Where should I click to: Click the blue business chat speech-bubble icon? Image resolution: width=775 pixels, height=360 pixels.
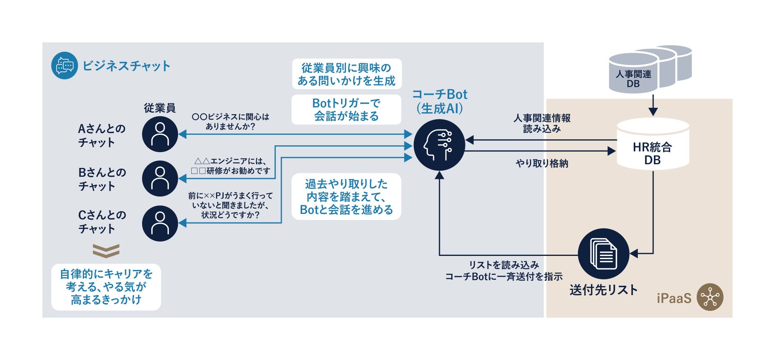point(65,65)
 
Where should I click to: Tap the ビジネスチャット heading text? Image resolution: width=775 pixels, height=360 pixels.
point(126,66)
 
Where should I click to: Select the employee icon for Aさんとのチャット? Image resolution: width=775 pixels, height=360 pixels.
point(160,134)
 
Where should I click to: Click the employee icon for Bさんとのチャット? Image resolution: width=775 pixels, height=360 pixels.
point(160,178)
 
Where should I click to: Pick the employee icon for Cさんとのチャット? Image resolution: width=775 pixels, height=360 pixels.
point(160,223)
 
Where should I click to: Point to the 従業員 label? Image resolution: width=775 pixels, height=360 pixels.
point(160,108)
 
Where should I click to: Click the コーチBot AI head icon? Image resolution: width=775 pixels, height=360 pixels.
point(439,145)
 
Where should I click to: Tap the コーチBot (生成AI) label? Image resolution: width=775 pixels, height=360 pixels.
point(440,101)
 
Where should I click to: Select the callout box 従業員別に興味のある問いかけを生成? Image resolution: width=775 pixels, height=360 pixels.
point(346,74)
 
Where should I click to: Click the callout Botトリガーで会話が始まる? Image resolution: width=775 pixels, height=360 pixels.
point(346,110)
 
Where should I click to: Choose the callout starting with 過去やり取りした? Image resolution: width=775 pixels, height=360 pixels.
point(346,197)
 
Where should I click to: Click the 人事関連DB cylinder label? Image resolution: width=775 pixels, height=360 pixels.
point(633,79)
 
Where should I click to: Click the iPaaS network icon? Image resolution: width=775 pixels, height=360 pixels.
point(710,298)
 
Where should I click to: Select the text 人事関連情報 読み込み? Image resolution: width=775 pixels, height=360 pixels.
point(542,123)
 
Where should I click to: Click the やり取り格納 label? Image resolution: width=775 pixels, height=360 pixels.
point(542,163)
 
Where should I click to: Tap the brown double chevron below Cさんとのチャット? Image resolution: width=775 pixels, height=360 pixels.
point(106,251)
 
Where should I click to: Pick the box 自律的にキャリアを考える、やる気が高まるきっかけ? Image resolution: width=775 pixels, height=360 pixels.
point(106,287)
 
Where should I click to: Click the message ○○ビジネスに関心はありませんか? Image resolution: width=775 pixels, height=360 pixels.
point(230,121)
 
